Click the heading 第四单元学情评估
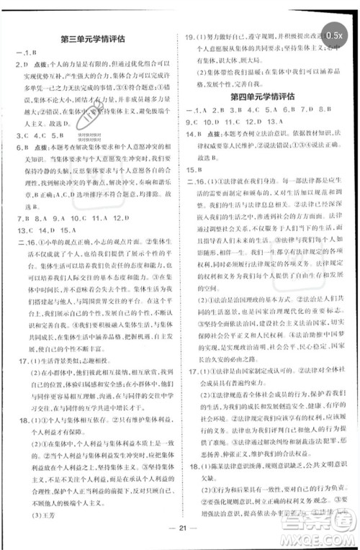tap(266, 96)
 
